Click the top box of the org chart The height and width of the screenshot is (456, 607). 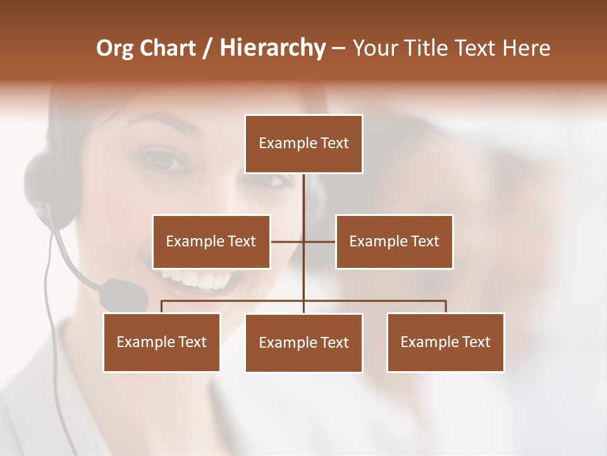click(x=303, y=144)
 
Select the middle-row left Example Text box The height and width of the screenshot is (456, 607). click(x=211, y=241)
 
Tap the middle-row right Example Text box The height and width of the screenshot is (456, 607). click(x=394, y=241)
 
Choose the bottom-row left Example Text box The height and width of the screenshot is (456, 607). click(x=162, y=342)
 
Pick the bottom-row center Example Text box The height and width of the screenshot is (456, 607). click(x=303, y=343)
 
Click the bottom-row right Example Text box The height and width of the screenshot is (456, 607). click(x=445, y=342)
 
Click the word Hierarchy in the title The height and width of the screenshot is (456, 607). click(x=273, y=48)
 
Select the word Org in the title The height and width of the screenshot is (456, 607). click(x=114, y=48)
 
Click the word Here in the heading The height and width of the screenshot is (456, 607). click(x=526, y=48)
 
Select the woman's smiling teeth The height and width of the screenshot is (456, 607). click(x=196, y=279)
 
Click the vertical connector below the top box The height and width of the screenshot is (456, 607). click(x=303, y=196)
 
